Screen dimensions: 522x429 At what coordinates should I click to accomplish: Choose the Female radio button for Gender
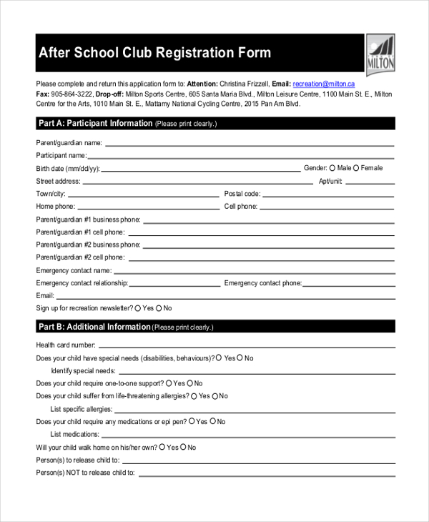click(356, 168)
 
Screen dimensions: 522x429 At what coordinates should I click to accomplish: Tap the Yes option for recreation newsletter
click(138, 308)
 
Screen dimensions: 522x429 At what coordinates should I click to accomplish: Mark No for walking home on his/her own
click(183, 447)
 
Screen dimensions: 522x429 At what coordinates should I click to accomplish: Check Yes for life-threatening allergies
click(194, 395)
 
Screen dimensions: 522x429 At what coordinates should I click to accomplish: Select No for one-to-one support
click(189, 383)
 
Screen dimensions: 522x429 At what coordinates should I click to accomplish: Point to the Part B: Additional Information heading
click(94, 328)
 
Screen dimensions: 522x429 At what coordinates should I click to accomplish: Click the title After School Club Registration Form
click(154, 54)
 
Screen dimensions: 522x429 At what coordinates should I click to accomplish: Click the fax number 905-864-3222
click(71, 94)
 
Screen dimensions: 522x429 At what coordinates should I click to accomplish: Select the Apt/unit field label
click(331, 182)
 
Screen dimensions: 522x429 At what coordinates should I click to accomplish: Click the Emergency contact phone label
click(262, 284)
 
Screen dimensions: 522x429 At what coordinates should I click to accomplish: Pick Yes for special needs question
click(220, 358)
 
